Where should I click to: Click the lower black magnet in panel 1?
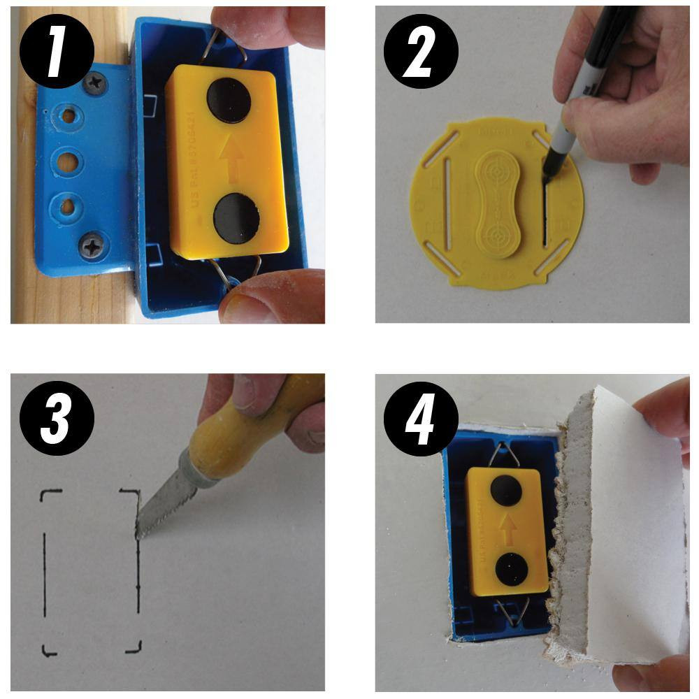click(235, 219)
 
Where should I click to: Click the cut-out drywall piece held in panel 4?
click(622, 531)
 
